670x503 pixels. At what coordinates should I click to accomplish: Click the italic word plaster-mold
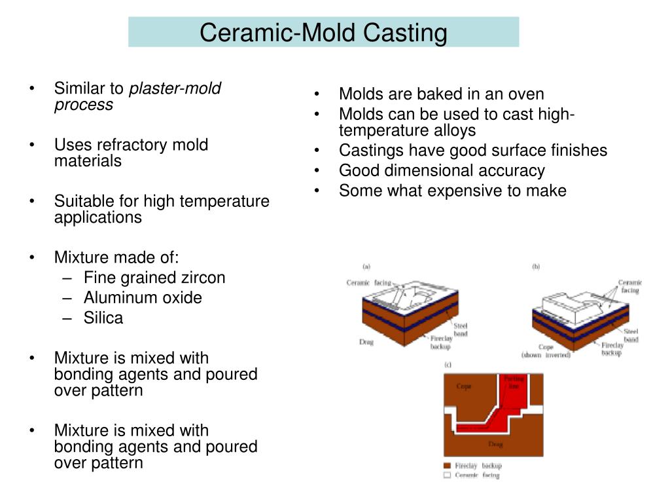pos(175,88)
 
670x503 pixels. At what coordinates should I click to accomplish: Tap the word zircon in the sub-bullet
pos(203,278)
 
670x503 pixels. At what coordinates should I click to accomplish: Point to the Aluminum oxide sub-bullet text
pos(143,298)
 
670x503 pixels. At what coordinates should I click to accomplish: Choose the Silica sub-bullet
pos(103,318)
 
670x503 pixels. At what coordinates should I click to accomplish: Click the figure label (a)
pos(366,267)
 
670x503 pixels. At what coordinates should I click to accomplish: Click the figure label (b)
pos(536,267)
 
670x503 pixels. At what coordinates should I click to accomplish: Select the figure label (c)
pos(448,364)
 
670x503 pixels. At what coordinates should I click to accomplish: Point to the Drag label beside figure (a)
pos(366,342)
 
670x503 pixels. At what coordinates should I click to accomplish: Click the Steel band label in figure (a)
pos(461,329)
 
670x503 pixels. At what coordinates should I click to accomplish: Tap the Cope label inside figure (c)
pos(463,386)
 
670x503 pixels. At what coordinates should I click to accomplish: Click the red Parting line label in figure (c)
pos(512,382)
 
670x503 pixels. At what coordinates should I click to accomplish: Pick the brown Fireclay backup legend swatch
pos(448,466)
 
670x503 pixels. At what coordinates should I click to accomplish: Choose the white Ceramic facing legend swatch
pos(448,475)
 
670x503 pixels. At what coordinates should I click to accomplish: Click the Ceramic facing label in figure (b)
pos(630,286)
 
